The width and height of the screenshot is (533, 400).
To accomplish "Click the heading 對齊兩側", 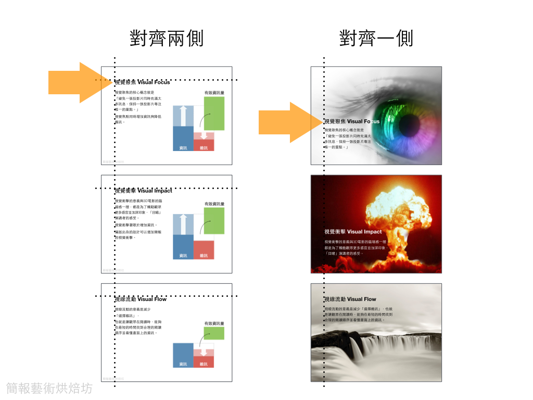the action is pos(167,38).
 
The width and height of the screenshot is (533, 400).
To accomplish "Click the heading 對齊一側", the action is pos(376,38).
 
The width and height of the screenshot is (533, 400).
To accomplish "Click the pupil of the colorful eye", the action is pos(386,121).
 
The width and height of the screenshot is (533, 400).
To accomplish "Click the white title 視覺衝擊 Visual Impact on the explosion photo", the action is pos(353,232).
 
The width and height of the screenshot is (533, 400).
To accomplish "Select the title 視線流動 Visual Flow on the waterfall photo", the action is pos(350,299).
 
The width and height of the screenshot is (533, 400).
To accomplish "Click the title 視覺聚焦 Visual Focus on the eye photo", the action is pos(352,121).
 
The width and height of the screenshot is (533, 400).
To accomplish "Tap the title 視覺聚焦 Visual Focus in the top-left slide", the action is pos(142,82).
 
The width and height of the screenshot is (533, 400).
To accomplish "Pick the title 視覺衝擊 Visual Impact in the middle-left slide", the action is pos(143,191).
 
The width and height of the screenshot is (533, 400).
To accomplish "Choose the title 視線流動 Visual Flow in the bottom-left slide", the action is pos(141,299).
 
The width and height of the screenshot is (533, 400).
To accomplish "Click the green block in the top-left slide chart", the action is pos(214,113).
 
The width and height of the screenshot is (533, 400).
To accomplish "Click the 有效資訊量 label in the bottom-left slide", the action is pos(214,323).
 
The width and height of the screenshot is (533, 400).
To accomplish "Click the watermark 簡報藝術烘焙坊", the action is pos(49,388).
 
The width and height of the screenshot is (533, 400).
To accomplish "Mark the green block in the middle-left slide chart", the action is pos(214,220).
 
